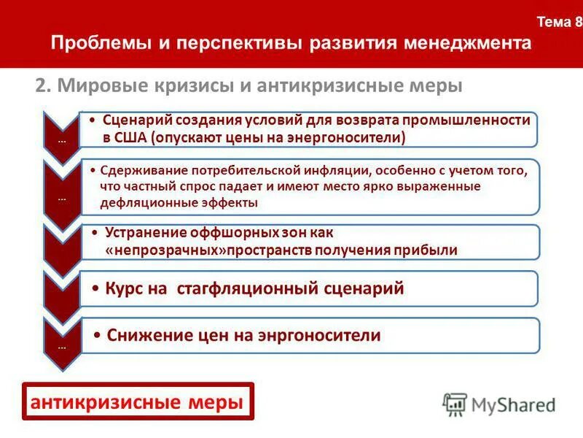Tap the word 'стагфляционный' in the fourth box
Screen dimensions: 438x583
coord(251,288)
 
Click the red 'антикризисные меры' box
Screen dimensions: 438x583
coord(137,401)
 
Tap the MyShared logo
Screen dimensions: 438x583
coord(498,403)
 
